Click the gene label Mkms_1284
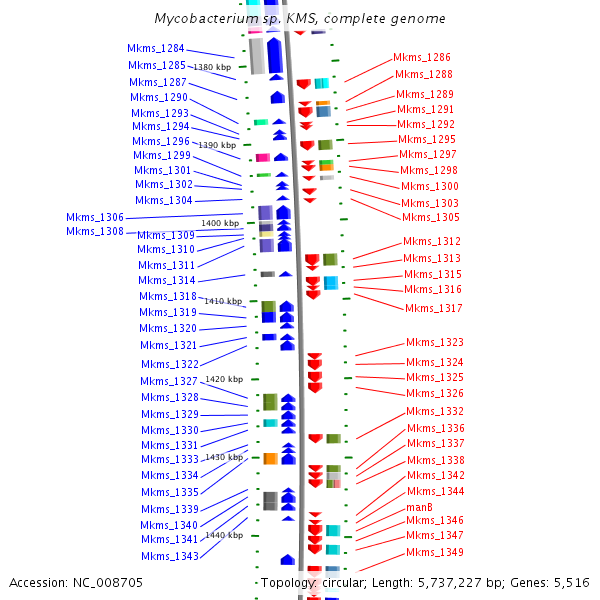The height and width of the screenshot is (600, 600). point(155,48)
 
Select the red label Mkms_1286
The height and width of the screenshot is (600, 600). point(421,58)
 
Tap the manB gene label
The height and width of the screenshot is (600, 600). point(419,507)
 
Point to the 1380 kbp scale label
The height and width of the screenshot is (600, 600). point(212,67)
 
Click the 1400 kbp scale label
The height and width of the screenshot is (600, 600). point(220,223)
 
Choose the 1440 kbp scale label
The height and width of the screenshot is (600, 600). point(224,535)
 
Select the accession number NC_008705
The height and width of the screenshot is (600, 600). point(108,582)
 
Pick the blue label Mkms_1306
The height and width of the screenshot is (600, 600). point(95,217)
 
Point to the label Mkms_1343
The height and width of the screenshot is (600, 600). point(169,556)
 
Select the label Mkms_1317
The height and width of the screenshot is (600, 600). point(433,308)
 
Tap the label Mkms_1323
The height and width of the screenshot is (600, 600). point(434,342)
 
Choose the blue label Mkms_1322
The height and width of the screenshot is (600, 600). point(169,364)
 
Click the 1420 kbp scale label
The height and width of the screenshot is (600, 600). point(224,379)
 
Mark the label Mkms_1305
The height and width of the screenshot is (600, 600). point(430,217)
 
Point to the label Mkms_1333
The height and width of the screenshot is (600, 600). point(169,459)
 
